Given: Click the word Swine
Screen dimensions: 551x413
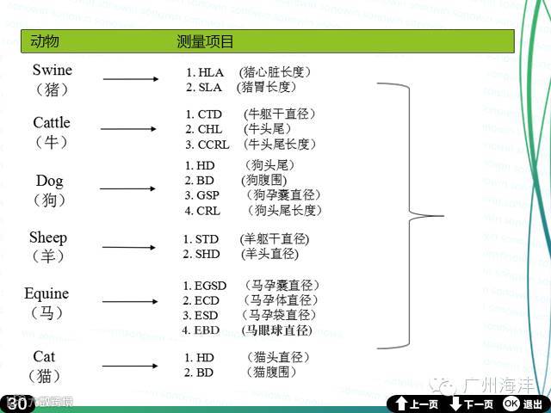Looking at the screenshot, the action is click(53, 70).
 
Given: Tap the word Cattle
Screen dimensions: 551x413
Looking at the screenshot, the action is click(52, 123).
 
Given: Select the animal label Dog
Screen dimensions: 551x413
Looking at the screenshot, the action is click(50, 182).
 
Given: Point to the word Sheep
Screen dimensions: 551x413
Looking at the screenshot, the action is click(47, 237).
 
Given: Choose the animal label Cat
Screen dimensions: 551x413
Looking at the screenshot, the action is click(44, 356).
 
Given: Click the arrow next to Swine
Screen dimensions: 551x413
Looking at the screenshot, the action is click(130, 80).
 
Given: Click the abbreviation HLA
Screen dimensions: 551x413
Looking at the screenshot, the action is click(210, 72).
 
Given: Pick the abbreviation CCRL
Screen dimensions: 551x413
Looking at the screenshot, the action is click(214, 145).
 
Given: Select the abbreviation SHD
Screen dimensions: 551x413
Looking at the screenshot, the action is click(207, 254).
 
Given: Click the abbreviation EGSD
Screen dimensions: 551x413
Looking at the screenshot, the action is click(210, 286).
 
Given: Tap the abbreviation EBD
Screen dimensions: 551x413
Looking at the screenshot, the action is click(207, 330).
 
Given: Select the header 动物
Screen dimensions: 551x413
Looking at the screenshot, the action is click(45, 41).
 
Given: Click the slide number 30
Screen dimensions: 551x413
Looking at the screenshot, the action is click(18, 404).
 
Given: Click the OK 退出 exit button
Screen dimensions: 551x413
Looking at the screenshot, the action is click(523, 404).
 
